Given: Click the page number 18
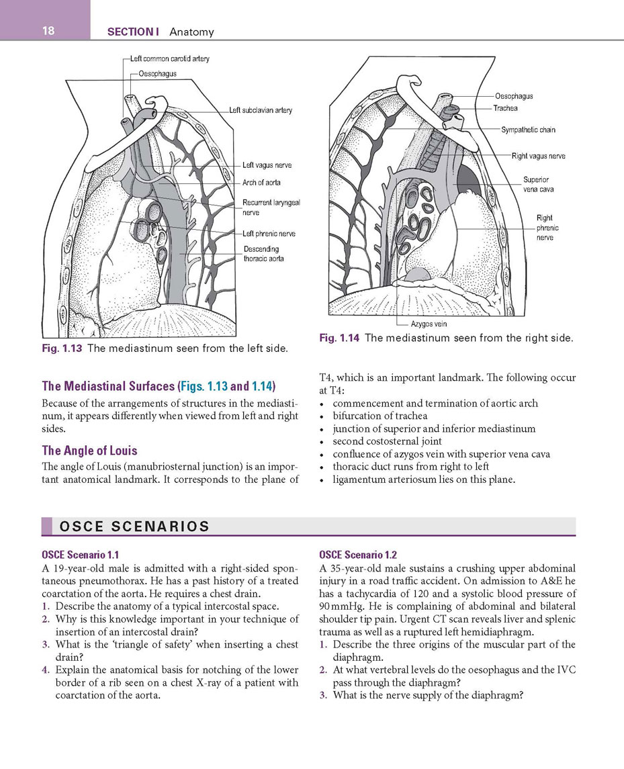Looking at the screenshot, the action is click(48, 31).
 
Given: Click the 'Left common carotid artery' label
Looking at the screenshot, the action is click(170, 59).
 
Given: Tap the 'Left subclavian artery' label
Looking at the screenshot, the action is click(261, 110).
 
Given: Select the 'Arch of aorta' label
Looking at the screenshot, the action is click(261, 183).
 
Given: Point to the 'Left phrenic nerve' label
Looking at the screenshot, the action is click(269, 234).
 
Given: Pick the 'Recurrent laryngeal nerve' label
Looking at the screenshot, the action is click(271, 208).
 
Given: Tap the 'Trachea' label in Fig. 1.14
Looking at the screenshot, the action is click(505, 108).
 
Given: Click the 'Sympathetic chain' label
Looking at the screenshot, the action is click(529, 130).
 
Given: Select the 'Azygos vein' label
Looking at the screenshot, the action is click(429, 324).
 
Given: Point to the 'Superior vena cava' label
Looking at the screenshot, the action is click(537, 185).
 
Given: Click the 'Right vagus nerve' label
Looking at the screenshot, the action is click(538, 156).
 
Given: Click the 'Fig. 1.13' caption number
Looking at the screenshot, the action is click(62, 349).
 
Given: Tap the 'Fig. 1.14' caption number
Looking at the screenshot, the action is click(339, 338).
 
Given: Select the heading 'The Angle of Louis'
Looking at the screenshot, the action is click(90, 450).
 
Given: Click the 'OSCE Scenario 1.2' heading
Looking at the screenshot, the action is click(358, 555).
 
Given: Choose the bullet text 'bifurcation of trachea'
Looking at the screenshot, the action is click(380, 416).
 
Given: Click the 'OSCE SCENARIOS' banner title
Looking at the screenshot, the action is click(134, 527).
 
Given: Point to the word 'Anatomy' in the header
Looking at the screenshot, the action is click(192, 32).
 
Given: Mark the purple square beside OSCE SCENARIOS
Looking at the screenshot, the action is click(46, 527).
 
